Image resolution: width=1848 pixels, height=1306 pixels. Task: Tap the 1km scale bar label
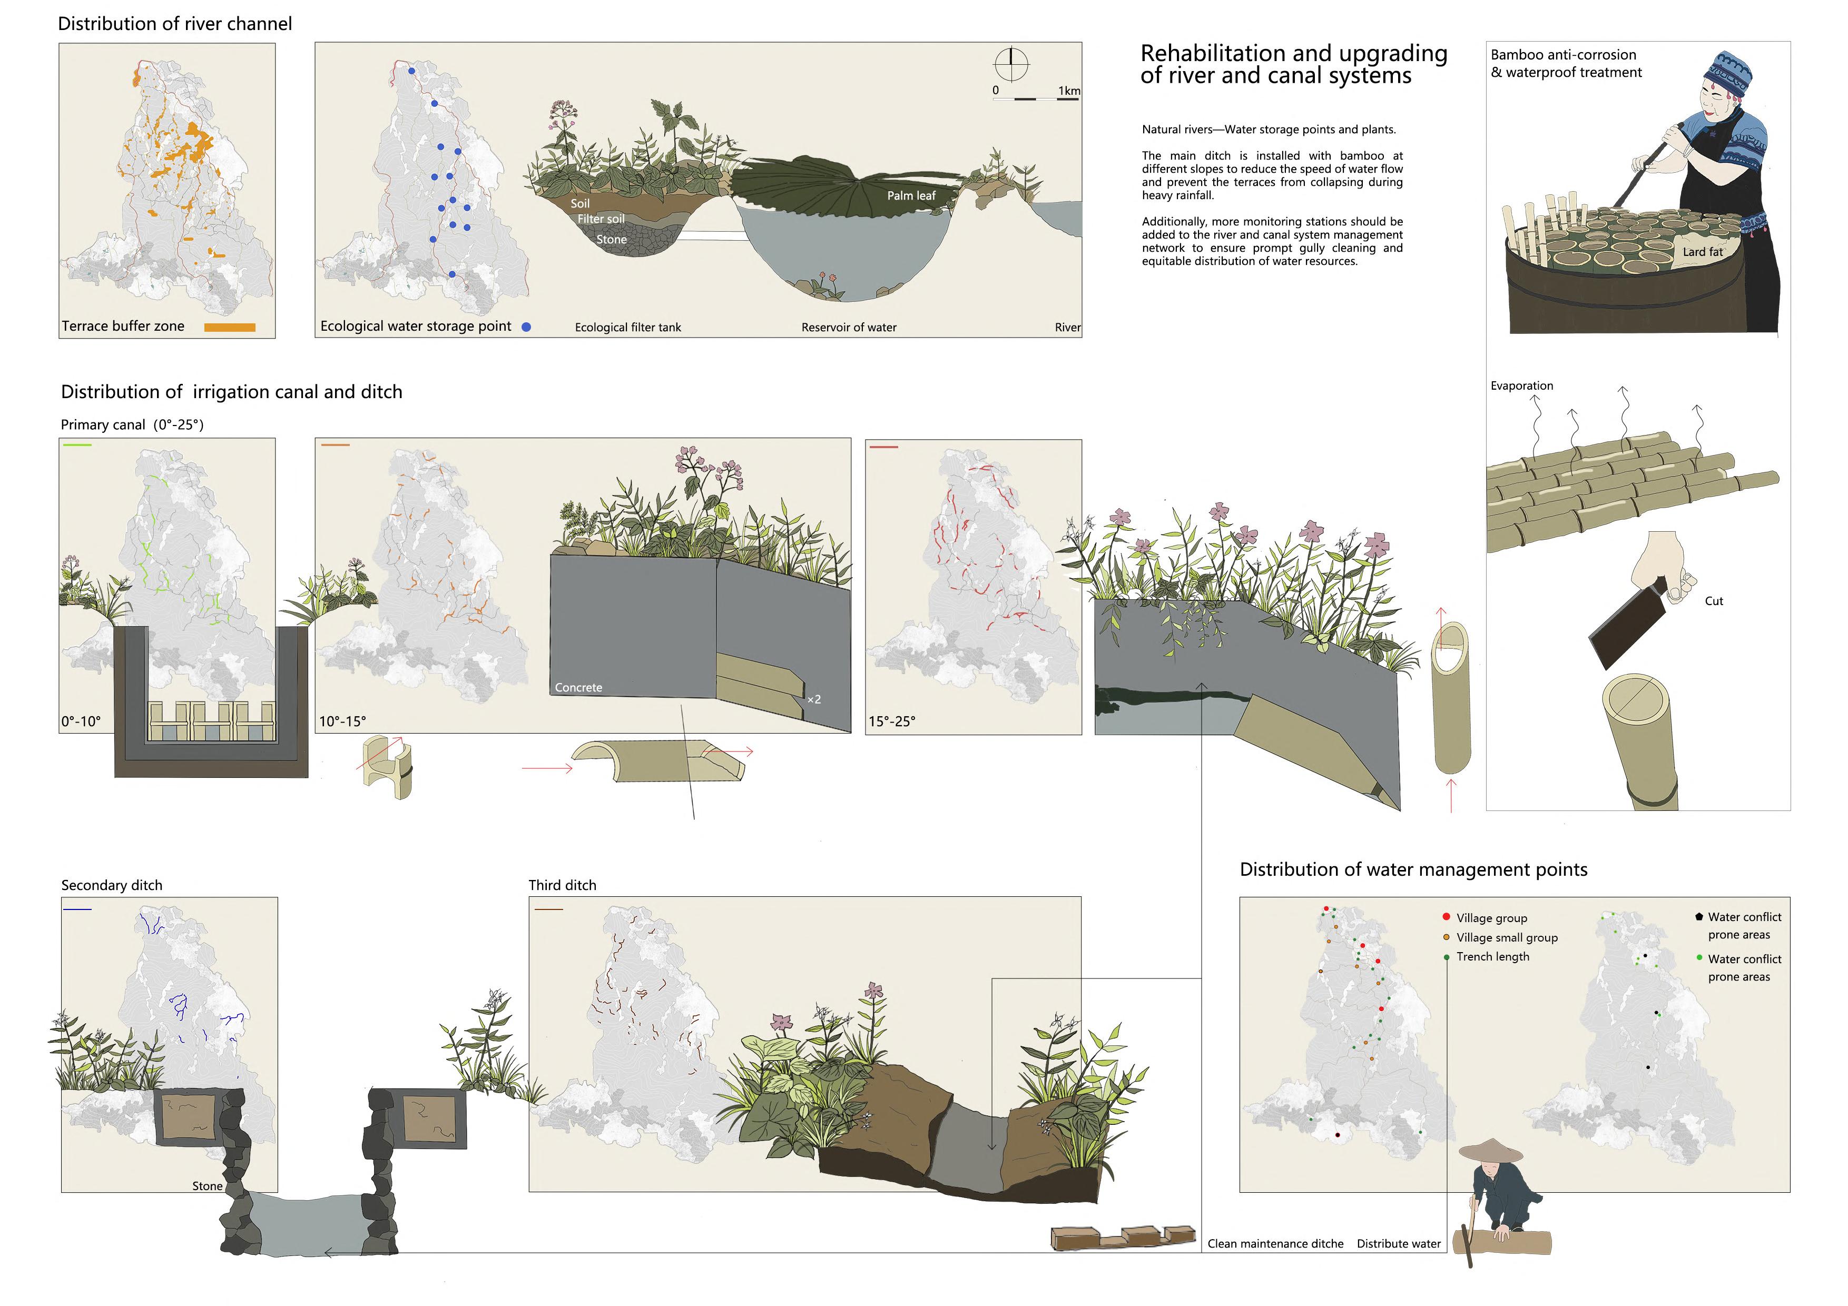1069,91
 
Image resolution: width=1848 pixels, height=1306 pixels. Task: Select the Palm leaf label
911,195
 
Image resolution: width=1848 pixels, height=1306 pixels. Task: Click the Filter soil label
601,219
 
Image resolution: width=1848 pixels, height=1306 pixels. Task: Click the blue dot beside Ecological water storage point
526,326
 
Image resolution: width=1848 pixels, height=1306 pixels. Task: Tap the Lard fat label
1702,252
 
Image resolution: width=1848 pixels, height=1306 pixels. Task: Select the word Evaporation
1521,385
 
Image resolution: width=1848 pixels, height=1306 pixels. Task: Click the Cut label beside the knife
1714,601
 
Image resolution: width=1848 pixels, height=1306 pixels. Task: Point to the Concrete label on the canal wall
578,687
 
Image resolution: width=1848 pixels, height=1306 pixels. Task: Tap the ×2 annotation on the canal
814,699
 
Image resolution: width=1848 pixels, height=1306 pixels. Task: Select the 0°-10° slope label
81,721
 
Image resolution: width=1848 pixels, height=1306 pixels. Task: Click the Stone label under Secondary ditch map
207,1185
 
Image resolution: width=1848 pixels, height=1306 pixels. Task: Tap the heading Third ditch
562,885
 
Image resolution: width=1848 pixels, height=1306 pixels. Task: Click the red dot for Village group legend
1447,916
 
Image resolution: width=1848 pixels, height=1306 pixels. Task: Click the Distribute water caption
1398,1243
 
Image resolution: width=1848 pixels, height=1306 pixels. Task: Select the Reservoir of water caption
848,328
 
